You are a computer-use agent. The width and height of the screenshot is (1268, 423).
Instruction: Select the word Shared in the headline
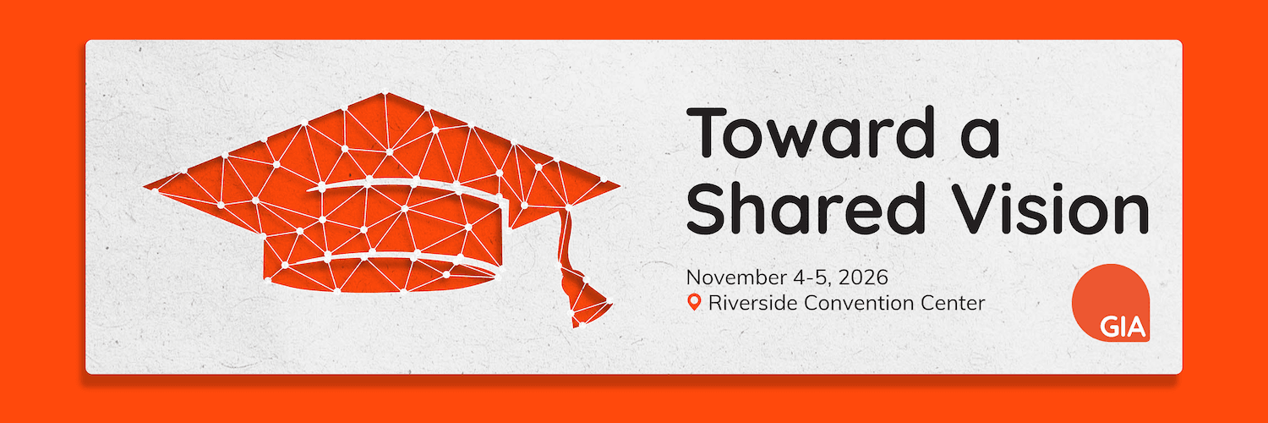(806, 208)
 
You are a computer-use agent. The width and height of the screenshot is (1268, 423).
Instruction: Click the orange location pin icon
(694, 302)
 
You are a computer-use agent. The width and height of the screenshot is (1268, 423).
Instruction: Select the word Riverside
(753, 302)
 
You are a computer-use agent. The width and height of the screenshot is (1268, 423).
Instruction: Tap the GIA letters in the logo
(1123, 327)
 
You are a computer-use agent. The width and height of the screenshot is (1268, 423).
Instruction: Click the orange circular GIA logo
(1111, 303)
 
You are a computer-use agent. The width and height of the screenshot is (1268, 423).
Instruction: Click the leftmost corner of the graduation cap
(145, 186)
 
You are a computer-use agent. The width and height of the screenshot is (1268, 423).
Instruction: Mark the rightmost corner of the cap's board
(620, 184)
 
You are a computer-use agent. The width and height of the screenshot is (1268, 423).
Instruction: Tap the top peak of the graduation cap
(385, 93)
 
